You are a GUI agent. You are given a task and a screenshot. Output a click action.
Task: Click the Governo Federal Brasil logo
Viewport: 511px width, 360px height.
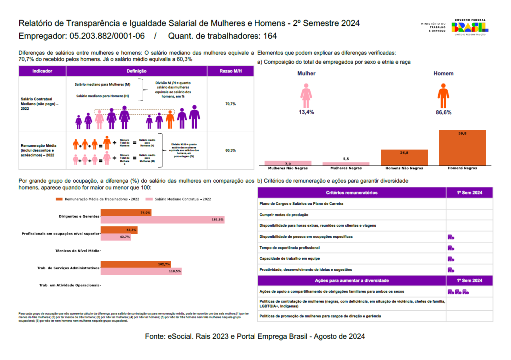(469, 27)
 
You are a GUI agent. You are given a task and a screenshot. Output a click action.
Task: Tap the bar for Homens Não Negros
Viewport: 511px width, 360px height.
(404, 157)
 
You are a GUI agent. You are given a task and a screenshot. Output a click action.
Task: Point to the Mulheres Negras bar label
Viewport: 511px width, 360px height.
(346, 168)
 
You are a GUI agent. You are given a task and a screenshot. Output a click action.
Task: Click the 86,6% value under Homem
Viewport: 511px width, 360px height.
(443, 112)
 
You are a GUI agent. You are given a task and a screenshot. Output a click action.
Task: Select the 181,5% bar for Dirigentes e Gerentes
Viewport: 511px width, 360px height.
(162, 220)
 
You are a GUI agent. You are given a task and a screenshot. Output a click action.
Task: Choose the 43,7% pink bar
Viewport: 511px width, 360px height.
(116, 237)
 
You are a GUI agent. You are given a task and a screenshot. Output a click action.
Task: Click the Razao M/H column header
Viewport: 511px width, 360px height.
(230, 72)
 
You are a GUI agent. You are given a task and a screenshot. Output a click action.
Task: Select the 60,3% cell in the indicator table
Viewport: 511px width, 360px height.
(230, 150)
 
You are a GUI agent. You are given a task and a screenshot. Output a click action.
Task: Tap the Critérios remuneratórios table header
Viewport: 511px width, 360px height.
(351, 193)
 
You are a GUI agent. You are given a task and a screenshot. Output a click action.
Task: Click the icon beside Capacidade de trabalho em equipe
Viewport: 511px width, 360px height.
(450, 259)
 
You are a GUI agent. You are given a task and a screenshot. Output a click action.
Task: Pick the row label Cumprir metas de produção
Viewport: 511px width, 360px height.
(285, 215)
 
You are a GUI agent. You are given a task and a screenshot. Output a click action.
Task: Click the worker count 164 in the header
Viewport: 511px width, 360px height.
(270, 36)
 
